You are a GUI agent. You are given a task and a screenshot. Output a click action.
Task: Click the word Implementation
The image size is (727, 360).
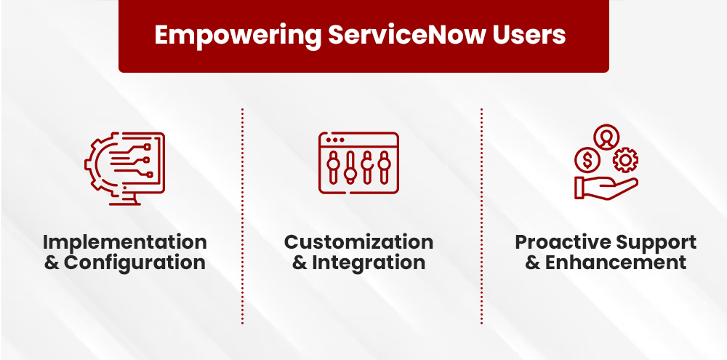124,242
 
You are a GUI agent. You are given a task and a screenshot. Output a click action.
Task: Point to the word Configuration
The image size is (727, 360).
134,263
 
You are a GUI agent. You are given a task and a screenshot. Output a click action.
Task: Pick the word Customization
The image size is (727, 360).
358,242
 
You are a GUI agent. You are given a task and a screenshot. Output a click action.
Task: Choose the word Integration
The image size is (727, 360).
369,263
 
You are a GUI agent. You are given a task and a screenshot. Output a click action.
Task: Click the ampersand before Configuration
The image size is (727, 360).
52,263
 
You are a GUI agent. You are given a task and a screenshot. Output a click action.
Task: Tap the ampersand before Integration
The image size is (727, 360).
300,263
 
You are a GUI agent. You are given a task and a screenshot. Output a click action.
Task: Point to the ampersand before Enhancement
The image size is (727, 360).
533,263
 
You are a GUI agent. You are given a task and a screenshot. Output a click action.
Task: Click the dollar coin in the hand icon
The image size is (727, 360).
587,159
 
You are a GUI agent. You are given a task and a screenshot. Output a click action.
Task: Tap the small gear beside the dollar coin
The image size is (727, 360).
623,159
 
